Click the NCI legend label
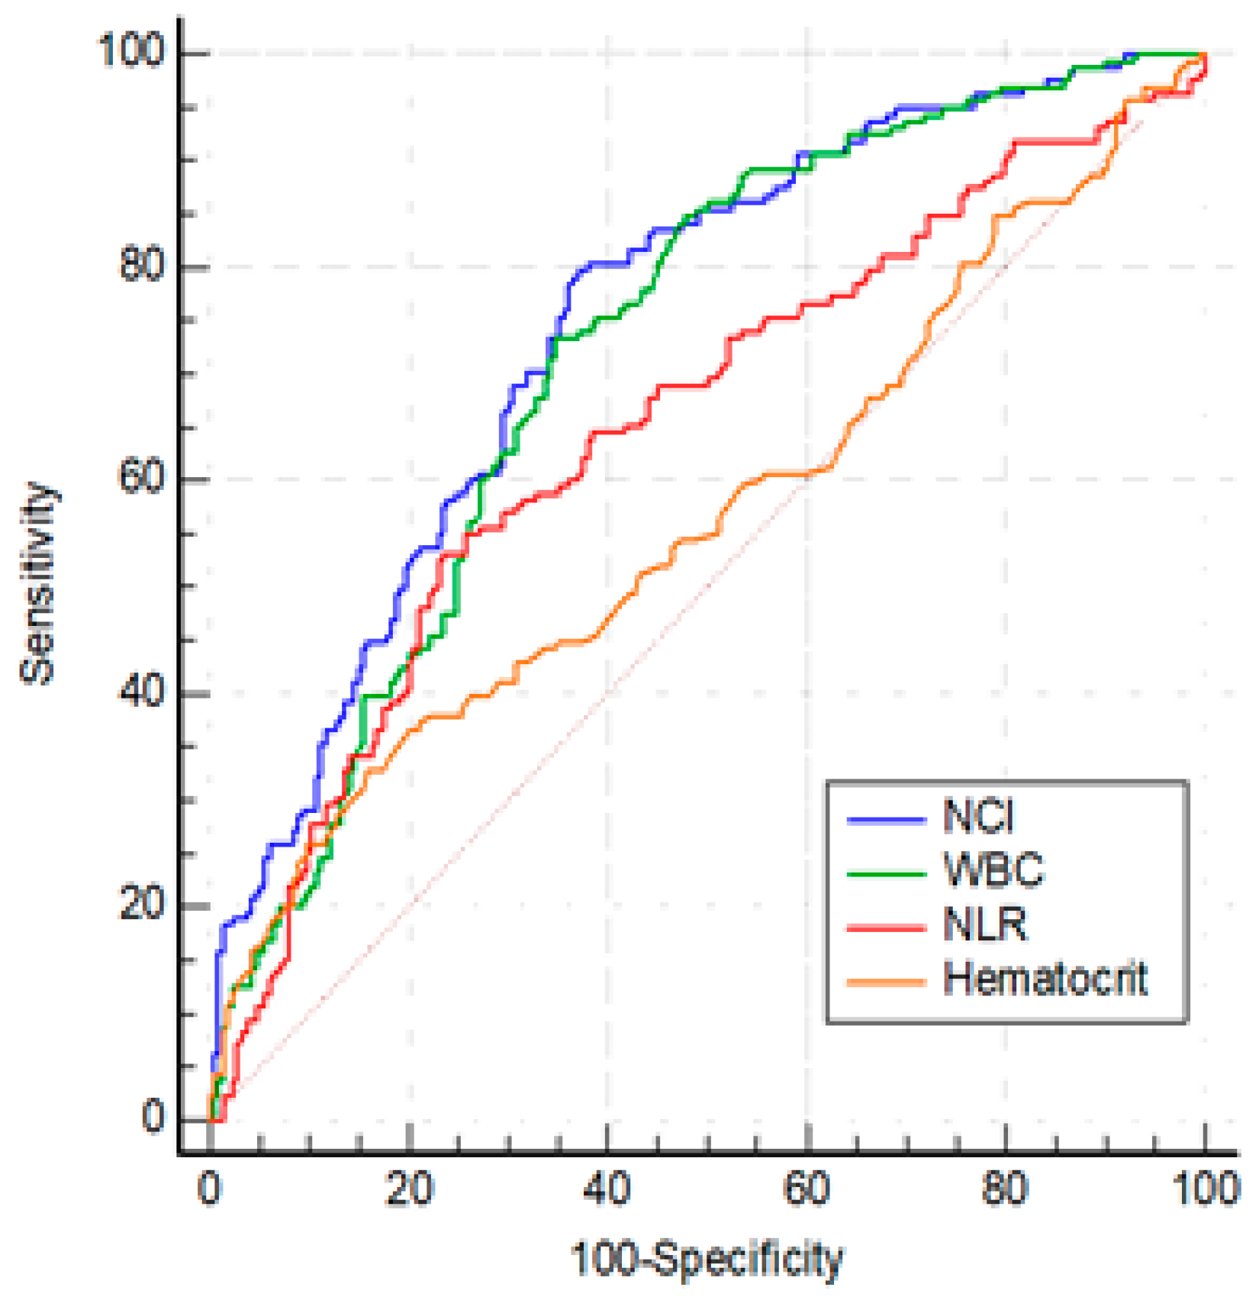click(978, 816)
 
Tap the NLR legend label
click(985, 924)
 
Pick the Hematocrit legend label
click(1045, 979)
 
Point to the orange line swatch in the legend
click(886, 982)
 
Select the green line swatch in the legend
click(886, 873)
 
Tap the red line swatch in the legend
click(886, 928)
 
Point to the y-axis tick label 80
click(143, 266)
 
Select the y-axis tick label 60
click(143, 479)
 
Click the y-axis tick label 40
click(143, 692)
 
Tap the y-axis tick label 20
click(143, 905)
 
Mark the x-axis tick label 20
click(409, 1189)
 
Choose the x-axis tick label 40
click(607, 1189)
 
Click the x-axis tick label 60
click(807, 1189)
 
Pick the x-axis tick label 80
click(1006, 1189)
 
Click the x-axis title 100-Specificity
click(707, 1259)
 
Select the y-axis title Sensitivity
click(38, 584)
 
